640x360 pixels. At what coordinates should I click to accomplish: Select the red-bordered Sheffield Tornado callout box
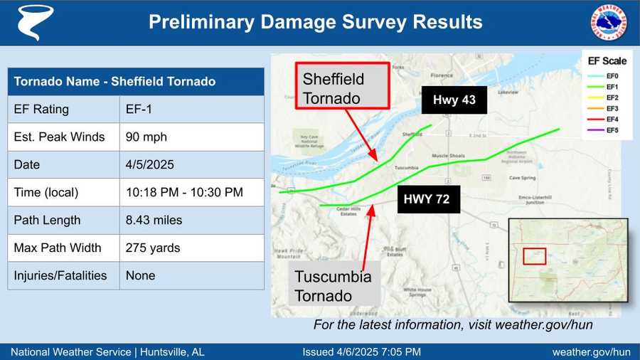pos(342,87)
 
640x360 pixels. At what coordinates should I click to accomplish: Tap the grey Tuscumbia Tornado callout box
pos(334,286)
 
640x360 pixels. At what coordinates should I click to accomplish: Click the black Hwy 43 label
pos(454,100)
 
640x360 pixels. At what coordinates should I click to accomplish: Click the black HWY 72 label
pos(427,199)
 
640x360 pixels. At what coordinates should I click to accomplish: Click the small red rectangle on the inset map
pos(534,256)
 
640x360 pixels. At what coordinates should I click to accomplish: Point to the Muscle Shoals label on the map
pos(449,155)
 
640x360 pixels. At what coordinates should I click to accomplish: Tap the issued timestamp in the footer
pos(361,351)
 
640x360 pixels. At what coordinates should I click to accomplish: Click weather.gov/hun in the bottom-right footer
pos(591,351)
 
